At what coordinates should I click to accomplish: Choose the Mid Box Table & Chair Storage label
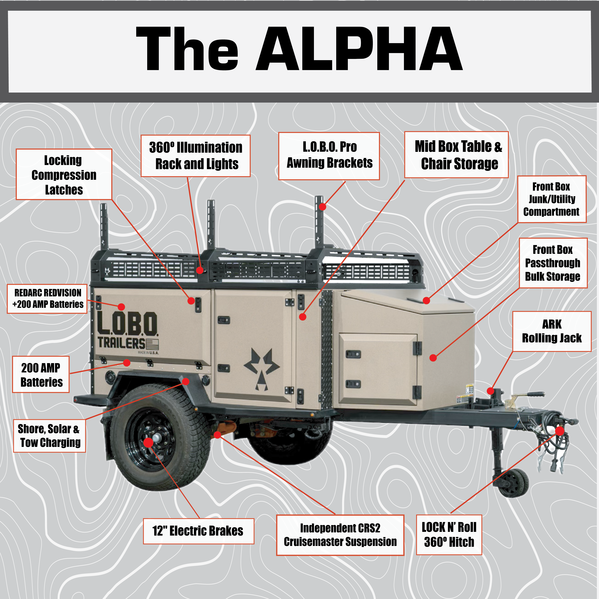tap(456, 155)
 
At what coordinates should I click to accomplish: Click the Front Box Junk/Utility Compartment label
tap(552, 199)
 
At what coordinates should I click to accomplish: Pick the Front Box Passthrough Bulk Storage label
tap(553, 263)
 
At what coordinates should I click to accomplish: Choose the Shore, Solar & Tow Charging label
tap(49, 436)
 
